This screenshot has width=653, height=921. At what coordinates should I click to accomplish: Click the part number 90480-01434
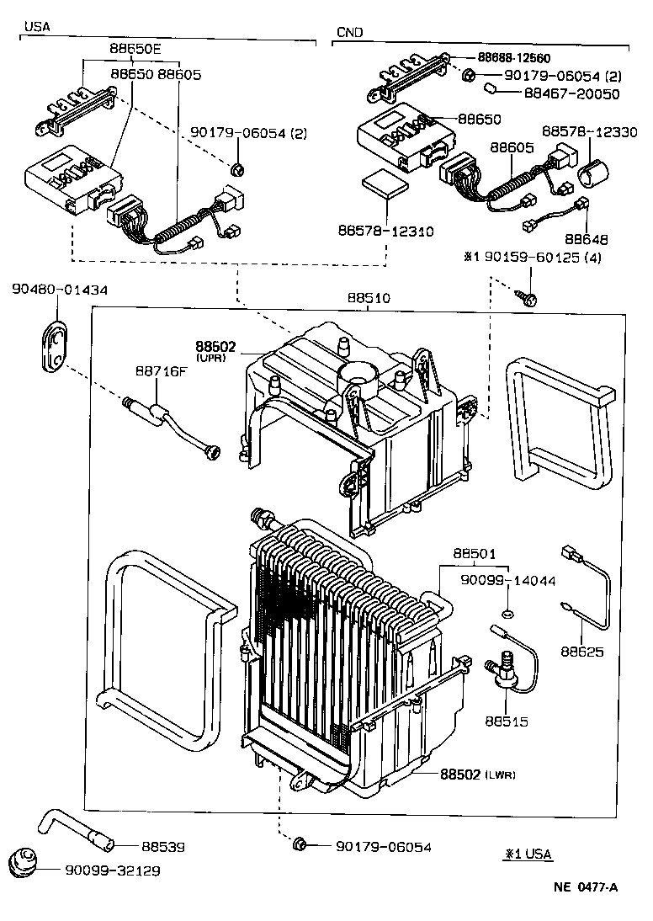60,290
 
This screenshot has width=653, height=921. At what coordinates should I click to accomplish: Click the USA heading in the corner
37,26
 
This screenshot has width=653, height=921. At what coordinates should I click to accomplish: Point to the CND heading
349,32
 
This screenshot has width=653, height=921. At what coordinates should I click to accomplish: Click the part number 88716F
161,370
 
